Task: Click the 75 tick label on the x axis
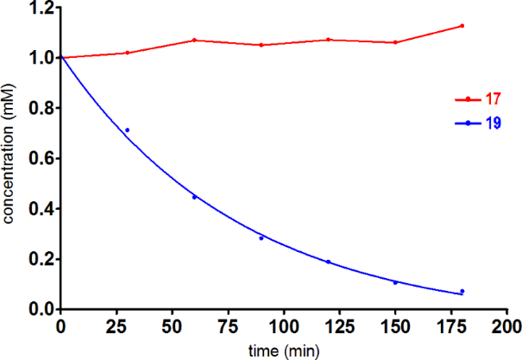coord(194,328)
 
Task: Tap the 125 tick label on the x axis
coord(328,328)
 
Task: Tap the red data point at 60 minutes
coord(194,40)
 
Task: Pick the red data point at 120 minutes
coord(328,40)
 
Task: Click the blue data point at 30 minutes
coord(128,130)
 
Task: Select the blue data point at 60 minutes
coord(194,197)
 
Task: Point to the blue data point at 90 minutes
coord(261,237)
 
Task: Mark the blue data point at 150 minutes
coord(395,282)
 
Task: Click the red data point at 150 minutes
coord(395,42)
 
